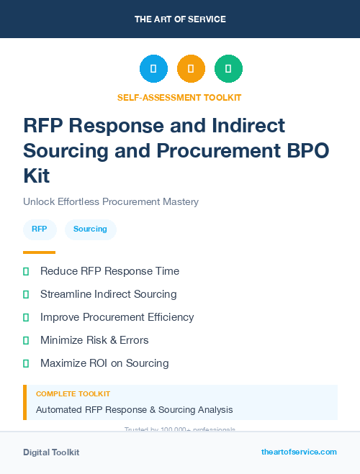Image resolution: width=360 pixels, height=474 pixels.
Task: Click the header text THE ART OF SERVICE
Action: click(180, 19)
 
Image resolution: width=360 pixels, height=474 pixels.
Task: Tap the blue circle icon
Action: click(153, 69)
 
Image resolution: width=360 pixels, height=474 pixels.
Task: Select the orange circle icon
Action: click(191, 69)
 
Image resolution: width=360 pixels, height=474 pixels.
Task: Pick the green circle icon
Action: click(228, 69)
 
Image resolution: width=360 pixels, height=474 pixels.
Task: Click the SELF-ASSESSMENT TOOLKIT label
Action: click(180, 97)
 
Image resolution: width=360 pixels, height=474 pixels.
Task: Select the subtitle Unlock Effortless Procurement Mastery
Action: click(111, 201)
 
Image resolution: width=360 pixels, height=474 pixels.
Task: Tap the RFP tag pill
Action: click(40, 229)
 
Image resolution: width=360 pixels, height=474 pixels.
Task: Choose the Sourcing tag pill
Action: click(90, 229)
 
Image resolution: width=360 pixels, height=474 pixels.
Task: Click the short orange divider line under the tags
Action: click(39, 252)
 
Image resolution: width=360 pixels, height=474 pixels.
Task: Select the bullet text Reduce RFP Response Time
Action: click(109, 271)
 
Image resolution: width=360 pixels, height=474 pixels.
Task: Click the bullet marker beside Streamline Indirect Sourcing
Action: click(26, 294)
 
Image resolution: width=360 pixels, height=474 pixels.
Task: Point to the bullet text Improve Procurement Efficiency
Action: click(117, 317)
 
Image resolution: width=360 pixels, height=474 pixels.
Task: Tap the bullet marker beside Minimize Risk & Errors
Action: click(26, 340)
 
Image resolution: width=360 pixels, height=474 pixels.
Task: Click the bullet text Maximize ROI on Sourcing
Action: click(104, 363)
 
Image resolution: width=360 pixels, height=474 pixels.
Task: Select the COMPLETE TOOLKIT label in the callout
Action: click(73, 394)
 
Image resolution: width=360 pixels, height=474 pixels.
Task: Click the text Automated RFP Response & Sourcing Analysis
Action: click(134, 410)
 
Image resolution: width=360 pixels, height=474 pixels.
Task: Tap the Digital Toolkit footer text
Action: click(51, 452)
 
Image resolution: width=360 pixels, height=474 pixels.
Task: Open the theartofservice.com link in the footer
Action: click(299, 452)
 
